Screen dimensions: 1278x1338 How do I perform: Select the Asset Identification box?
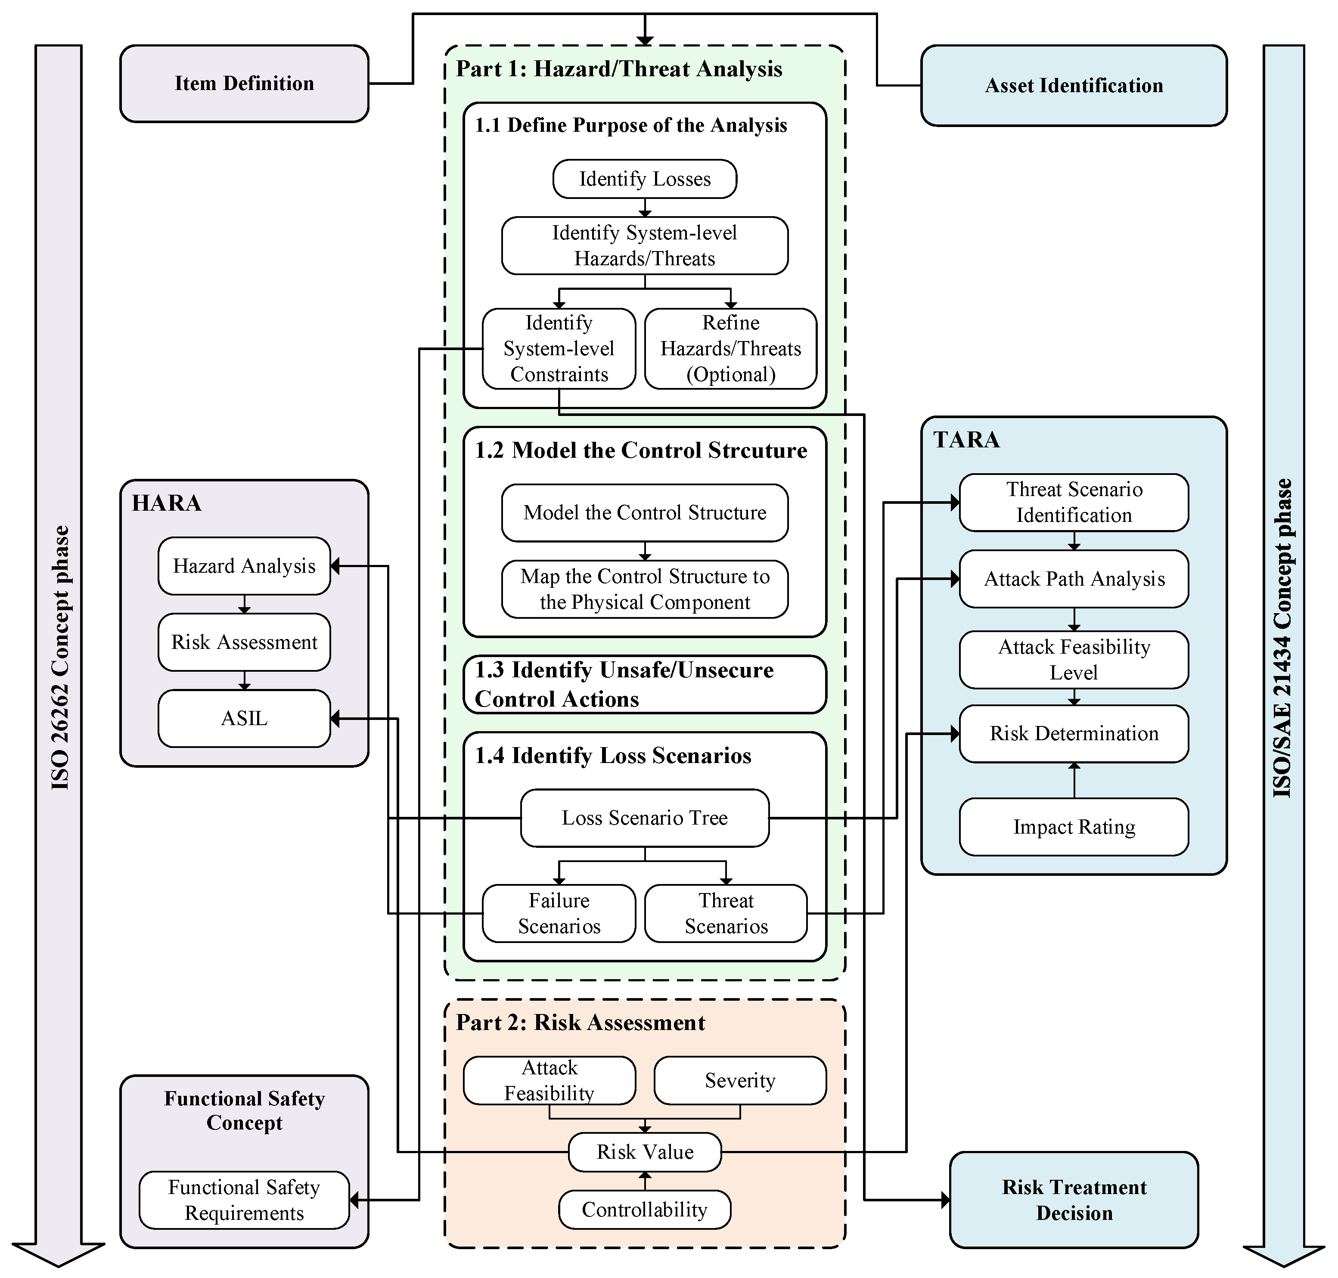[1073, 86]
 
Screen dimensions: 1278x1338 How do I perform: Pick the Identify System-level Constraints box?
[558, 349]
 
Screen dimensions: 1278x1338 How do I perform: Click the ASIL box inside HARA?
[244, 718]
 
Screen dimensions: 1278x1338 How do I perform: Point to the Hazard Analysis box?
[244, 566]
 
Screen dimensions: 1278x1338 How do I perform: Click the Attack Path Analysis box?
[1073, 579]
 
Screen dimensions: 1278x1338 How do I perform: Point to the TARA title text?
[966, 440]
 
